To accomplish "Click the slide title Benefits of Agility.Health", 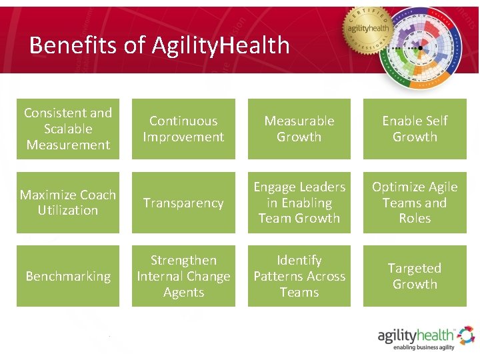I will tap(159, 45).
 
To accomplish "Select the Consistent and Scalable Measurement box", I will tap(68, 129).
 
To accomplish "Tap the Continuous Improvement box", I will tap(183, 129).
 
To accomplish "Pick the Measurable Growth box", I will tap(299, 129).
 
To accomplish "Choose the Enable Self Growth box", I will tap(415, 129).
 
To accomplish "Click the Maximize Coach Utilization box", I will tap(68, 203).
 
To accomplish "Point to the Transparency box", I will tap(183, 203).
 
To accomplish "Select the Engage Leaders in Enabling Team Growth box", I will tap(299, 203).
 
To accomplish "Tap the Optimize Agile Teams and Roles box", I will tap(415, 203).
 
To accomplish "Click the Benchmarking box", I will tap(68, 276).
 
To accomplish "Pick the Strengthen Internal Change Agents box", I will tap(183, 276).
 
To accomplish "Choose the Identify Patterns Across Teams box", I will tap(299, 276).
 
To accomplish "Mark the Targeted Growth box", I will tap(415, 276).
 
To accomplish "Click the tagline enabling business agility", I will tap(423, 347).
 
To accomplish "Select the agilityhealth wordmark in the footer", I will tap(417, 335).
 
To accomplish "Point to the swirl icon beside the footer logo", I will tap(466, 335).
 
